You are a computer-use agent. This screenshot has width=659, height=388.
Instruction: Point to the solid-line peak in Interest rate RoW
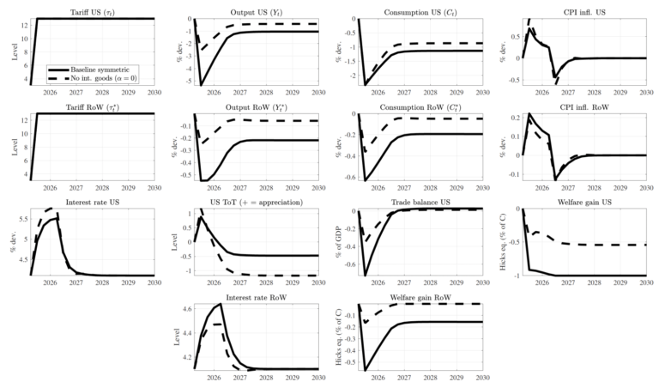pos(221,304)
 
